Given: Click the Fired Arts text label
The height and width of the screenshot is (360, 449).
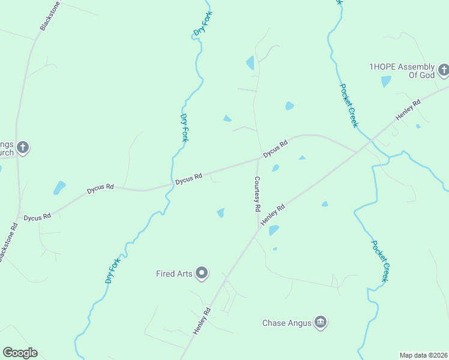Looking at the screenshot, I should (173, 274).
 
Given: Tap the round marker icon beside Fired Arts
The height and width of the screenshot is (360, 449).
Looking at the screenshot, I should (202, 274).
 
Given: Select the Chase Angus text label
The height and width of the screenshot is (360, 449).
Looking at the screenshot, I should (286, 323).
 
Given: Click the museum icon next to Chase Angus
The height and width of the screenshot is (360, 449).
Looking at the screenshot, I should (321, 323).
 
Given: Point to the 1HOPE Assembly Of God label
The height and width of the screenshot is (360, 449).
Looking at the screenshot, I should (402, 71).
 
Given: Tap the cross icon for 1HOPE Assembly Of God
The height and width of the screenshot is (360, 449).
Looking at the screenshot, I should (444, 71).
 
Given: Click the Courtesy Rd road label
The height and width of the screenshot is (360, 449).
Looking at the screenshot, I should (257, 194).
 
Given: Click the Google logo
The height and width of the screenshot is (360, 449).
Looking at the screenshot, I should (20, 353).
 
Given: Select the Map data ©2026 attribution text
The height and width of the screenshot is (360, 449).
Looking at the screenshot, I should (423, 355).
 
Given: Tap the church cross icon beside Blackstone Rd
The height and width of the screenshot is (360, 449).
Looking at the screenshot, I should (22, 147).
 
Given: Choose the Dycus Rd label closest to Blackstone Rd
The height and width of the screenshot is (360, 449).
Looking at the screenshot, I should (37, 217).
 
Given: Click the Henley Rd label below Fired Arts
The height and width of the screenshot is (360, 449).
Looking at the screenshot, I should (202, 321).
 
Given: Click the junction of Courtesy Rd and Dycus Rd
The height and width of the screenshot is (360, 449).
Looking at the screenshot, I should (259, 159).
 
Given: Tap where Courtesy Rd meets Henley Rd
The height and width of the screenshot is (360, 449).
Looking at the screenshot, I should (259, 229).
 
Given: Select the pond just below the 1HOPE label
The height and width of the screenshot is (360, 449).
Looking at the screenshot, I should (386, 82).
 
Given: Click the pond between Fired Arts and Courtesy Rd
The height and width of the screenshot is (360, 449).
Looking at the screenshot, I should (221, 212).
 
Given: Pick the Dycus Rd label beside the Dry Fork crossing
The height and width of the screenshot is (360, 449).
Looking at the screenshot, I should (188, 178).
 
